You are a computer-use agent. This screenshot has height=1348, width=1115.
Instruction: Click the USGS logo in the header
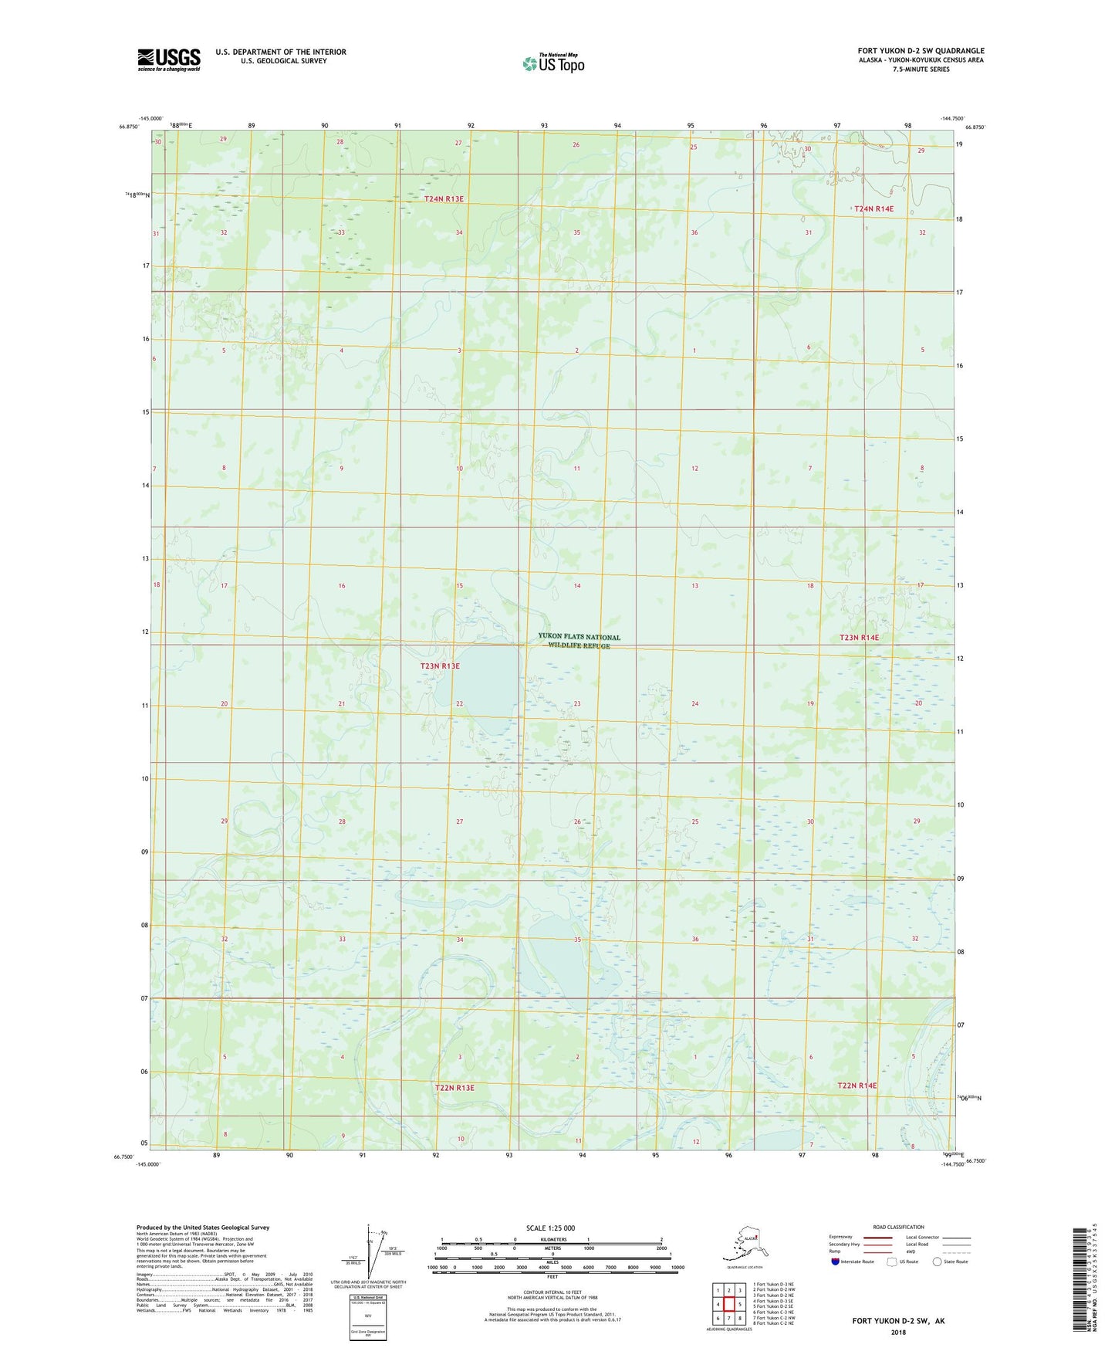point(168,59)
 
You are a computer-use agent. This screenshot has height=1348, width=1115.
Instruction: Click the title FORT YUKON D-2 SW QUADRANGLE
point(921,51)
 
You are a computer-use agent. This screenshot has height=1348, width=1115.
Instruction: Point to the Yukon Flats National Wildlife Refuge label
point(579,641)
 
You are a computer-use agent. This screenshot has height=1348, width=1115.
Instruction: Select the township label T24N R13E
point(444,199)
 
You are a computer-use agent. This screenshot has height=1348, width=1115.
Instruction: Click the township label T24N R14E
point(873,208)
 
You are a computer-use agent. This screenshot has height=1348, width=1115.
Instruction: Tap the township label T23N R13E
point(440,666)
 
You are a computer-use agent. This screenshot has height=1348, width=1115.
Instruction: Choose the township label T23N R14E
point(859,638)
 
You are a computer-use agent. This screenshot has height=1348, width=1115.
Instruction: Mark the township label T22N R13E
point(454,1088)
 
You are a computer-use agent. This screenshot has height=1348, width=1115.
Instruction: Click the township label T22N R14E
point(857,1086)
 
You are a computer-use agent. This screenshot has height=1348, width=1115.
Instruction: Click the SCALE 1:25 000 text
point(551,1228)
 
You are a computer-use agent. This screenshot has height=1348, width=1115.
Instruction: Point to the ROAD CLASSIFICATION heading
point(898,1227)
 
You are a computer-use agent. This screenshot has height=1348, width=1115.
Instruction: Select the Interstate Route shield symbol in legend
point(836,1262)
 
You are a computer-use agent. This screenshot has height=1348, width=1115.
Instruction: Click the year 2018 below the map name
point(898,1332)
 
